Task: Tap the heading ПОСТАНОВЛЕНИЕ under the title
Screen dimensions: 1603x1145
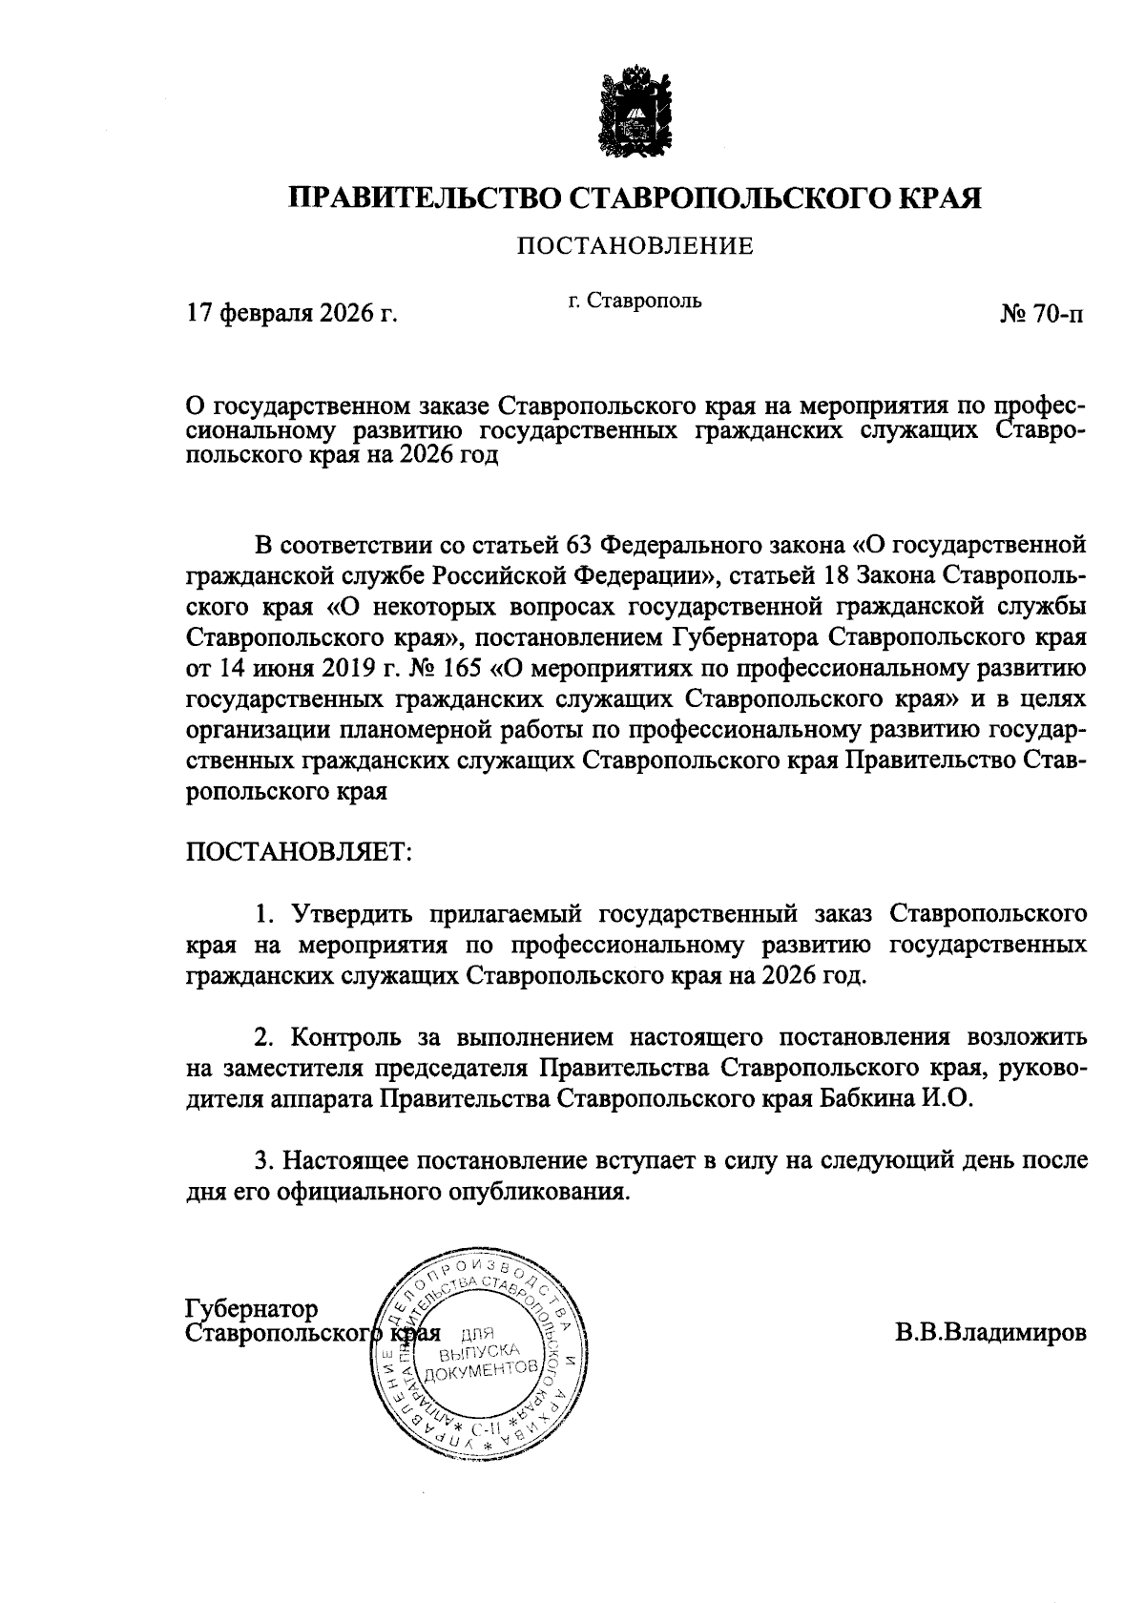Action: (635, 247)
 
